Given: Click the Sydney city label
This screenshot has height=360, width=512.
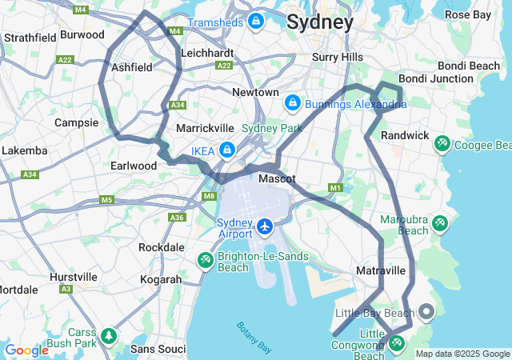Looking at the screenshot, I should point(319,22).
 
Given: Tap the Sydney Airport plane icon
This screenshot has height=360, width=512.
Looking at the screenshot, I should point(265,227).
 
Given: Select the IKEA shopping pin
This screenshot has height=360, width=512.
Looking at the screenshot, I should point(227,150).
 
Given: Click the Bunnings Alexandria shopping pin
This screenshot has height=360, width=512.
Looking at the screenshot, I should point(292,103).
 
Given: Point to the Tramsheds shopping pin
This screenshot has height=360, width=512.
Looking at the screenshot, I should point(256,21).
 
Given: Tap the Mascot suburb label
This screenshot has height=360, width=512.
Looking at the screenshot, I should point(277,178).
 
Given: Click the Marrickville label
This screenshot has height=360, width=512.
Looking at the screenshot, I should point(205,128).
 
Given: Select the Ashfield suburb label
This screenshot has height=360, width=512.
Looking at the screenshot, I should point(132,68).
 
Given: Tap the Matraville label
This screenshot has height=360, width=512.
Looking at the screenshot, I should point(381,270).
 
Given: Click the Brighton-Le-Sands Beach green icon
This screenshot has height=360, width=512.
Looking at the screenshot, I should point(205,260).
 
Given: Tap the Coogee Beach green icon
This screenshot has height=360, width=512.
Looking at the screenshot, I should point(442,144).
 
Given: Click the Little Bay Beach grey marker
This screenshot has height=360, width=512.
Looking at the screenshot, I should point(426,312).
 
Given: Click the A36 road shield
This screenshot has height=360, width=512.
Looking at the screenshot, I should point(178,217).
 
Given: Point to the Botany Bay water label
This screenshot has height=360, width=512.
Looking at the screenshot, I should point(254,337).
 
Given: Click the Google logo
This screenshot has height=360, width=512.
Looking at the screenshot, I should point(26,350).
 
